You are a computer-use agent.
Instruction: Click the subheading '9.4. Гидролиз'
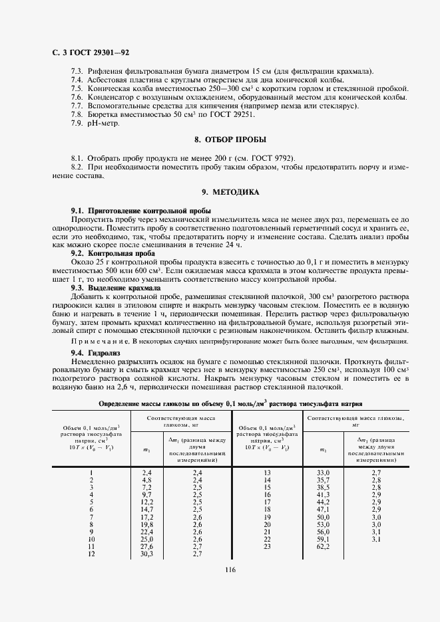(x=95, y=352)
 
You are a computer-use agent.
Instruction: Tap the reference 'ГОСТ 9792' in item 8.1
(x=270, y=158)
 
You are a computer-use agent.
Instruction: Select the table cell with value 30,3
(x=148, y=554)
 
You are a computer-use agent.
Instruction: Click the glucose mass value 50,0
(x=323, y=516)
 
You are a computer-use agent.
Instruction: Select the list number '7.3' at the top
(x=77, y=71)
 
